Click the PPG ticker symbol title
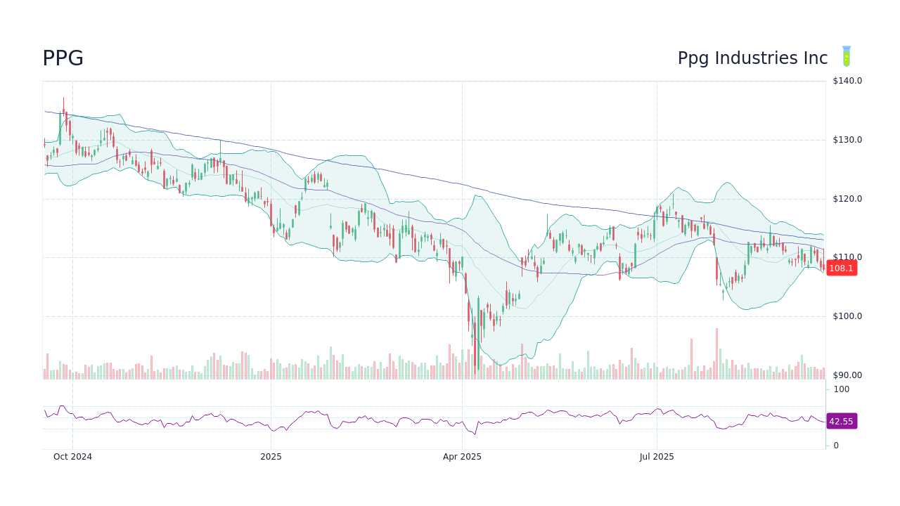click(x=63, y=58)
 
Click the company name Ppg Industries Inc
click(x=752, y=58)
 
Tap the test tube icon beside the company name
click(x=847, y=57)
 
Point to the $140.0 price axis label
click(x=847, y=81)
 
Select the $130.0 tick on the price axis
click(x=847, y=140)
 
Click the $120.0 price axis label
click(x=847, y=199)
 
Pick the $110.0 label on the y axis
click(x=847, y=257)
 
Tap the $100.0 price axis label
click(x=847, y=316)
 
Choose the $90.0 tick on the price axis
click(x=847, y=375)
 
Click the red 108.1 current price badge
click(x=841, y=268)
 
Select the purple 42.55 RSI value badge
click(x=841, y=422)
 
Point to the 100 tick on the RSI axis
click(x=841, y=389)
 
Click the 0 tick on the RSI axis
click(x=836, y=446)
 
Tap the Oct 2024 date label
click(x=72, y=457)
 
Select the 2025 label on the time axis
click(x=271, y=457)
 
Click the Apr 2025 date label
click(x=462, y=457)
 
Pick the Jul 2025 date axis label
click(x=657, y=457)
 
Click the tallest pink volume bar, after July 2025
click(x=716, y=353)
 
